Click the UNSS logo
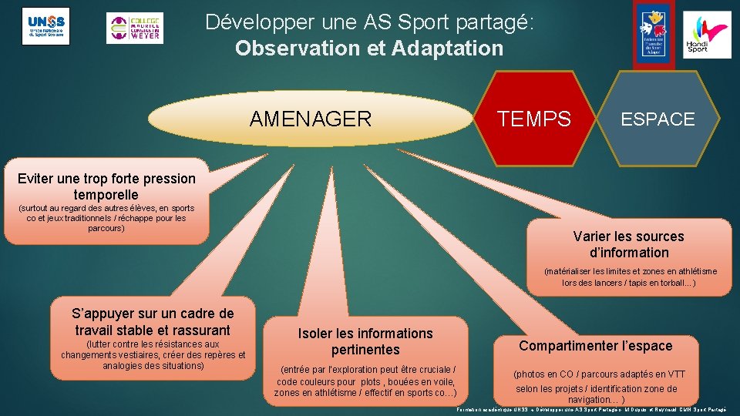(x=45, y=26)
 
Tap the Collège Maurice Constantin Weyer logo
(x=134, y=29)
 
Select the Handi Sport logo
(x=707, y=35)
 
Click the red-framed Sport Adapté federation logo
(x=653, y=35)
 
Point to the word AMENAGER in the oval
(x=310, y=119)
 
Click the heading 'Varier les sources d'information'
(x=628, y=244)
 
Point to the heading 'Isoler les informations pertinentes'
(x=365, y=341)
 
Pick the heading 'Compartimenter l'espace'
(x=595, y=346)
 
